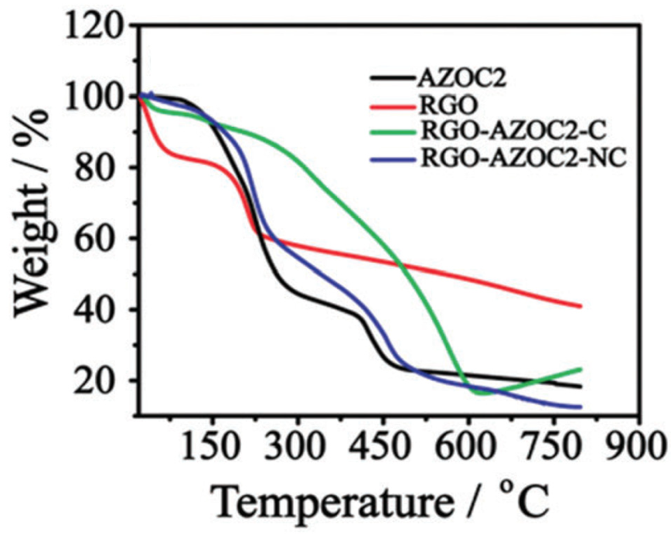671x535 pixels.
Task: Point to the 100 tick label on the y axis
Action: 93,97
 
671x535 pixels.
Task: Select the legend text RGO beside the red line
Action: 448,106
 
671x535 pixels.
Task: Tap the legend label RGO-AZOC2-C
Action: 513,132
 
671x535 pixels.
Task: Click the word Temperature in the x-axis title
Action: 333,504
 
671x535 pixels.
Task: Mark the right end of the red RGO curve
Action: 580,306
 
